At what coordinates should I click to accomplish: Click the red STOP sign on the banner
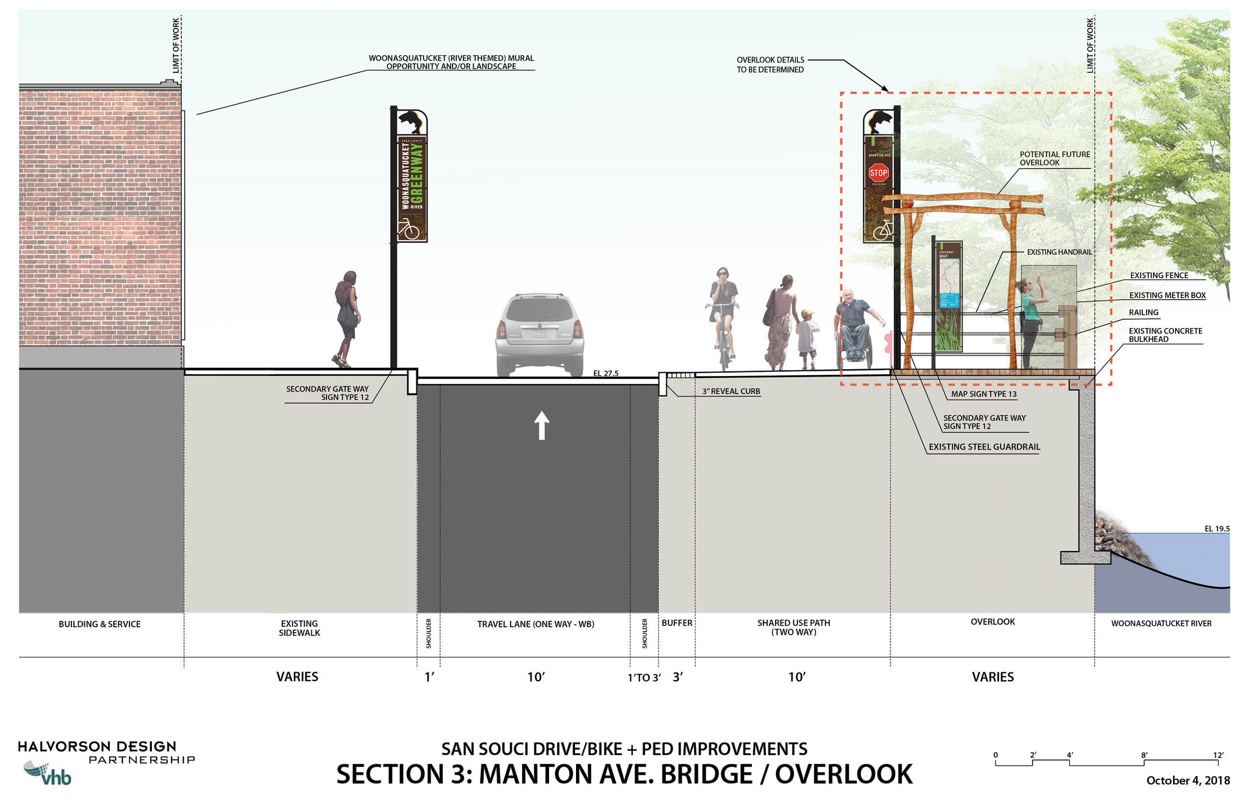878,172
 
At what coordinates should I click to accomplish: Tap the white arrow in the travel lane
542,425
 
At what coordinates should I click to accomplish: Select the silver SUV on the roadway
540,334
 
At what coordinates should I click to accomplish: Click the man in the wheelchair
854,325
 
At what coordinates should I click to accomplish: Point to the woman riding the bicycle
723,315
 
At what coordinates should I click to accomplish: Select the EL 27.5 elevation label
606,374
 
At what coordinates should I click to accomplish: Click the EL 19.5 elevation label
1217,529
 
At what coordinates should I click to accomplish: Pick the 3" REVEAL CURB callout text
730,392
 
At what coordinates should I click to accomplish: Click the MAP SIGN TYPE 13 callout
983,394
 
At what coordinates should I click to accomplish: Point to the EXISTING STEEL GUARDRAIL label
984,447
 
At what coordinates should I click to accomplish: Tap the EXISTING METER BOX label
1167,296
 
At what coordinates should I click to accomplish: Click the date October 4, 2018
1188,781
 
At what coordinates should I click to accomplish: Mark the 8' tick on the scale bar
1144,756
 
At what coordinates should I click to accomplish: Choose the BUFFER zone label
676,623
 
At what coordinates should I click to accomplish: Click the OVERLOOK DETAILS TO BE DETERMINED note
770,64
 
